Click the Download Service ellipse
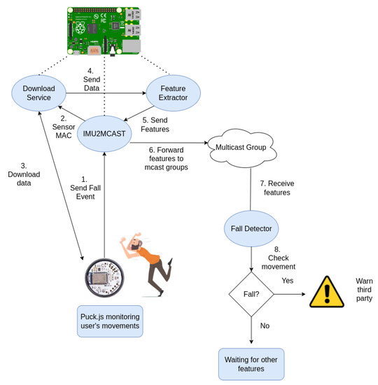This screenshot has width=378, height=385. tap(38, 93)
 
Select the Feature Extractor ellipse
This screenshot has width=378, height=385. tap(171, 93)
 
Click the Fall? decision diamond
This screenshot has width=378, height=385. tap(250, 295)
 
